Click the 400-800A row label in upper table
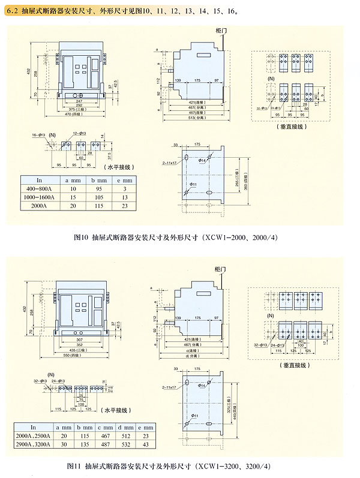40,188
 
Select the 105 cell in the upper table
101,197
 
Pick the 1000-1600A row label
40,197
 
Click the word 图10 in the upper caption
80,238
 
